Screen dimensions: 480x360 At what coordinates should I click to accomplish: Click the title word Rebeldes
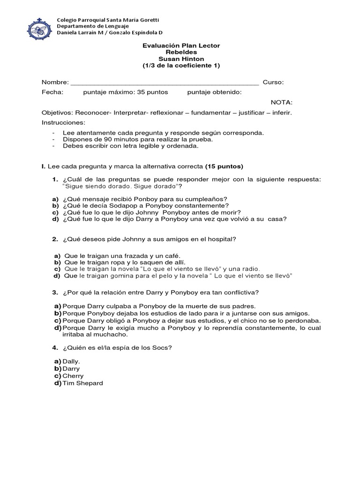coord(180,52)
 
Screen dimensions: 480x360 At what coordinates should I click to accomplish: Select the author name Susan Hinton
coord(181,59)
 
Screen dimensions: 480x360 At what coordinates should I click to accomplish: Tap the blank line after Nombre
coord(164,82)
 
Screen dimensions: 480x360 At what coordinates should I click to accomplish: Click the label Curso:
coord(273,82)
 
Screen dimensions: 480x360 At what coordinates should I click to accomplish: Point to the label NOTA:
coord(282,102)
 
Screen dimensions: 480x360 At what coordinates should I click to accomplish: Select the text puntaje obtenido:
coord(214,92)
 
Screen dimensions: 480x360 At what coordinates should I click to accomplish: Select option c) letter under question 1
coord(55,212)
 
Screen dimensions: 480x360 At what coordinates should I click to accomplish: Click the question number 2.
coord(55,239)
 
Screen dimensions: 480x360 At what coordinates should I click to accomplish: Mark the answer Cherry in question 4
coord(73,376)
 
